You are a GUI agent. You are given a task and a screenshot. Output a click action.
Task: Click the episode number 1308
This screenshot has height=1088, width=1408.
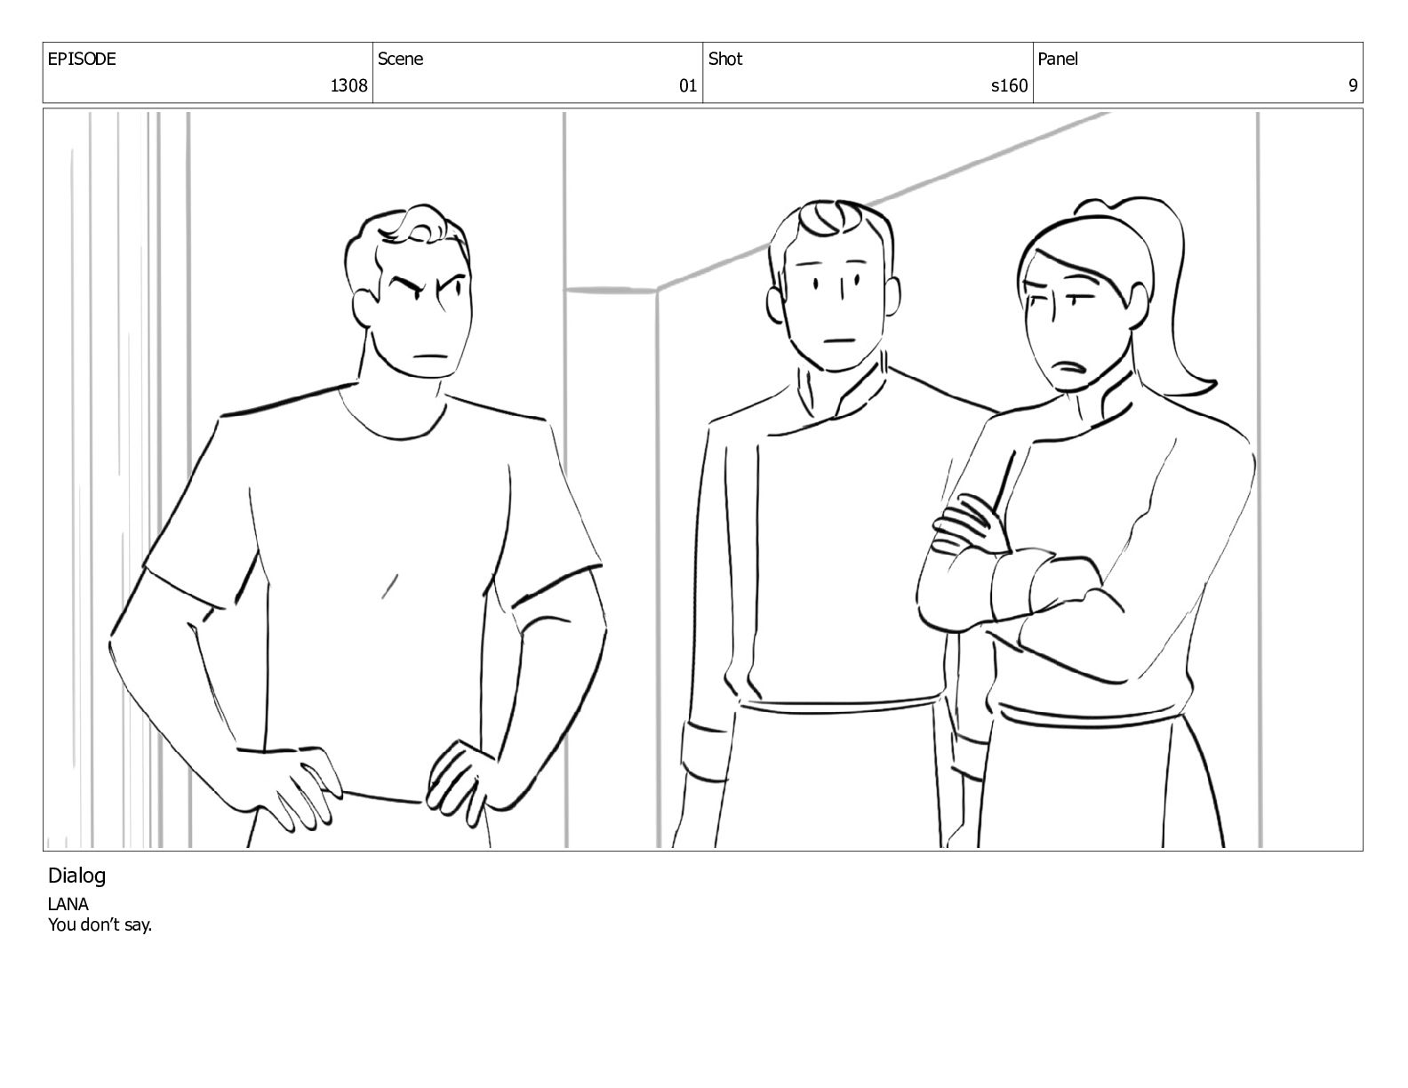[x=348, y=85]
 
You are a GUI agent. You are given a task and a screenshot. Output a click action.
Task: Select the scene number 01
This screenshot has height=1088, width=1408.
[x=687, y=85]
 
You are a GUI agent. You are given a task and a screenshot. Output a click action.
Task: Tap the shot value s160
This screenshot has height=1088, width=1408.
[x=1009, y=85]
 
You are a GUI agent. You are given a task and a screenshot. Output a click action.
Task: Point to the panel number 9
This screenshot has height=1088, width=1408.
[x=1352, y=85]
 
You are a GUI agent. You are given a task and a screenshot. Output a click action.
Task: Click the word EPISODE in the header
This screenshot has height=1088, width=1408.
[x=82, y=59]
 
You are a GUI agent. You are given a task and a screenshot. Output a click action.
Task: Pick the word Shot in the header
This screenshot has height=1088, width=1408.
[x=725, y=59]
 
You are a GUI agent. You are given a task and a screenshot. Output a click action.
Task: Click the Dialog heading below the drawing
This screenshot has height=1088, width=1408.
[x=76, y=876]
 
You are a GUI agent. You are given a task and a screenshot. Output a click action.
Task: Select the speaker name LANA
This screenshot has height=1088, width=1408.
[x=68, y=904]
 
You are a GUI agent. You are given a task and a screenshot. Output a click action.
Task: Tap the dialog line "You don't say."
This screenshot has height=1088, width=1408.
[x=100, y=924]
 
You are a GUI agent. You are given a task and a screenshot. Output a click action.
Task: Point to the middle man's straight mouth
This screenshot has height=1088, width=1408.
[x=841, y=340]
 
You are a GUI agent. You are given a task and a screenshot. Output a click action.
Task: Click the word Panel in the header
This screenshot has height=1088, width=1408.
[x=1058, y=59]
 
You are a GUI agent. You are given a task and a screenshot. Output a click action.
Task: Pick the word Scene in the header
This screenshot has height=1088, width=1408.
[x=400, y=59]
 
